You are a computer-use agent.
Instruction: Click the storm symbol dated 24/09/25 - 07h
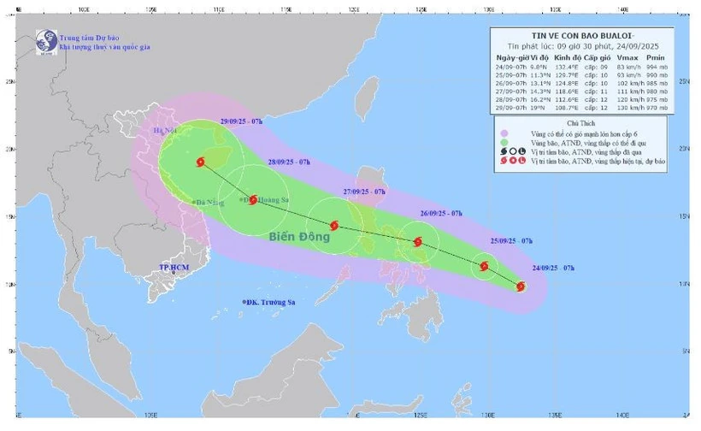pyautogui.click(x=521, y=286)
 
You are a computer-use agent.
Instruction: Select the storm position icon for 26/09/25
pyautogui.click(x=418, y=242)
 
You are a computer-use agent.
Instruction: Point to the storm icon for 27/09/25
pyautogui.click(x=333, y=226)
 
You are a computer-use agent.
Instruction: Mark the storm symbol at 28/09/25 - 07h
pyautogui.click(x=253, y=199)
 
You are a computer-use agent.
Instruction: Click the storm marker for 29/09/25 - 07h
pyautogui.click(x=201, y=162)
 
